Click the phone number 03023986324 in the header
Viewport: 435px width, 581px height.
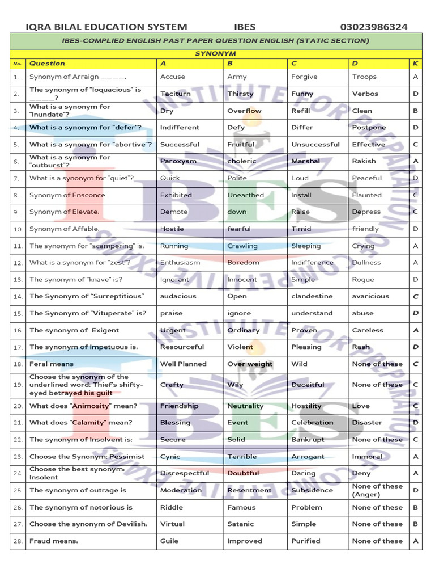tap(373, 27)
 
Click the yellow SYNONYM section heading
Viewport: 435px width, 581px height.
tap(216, 53)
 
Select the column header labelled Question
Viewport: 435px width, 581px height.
tap(48, 64)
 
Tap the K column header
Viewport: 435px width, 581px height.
tap(415, 64)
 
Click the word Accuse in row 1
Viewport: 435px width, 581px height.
tap(173, 77)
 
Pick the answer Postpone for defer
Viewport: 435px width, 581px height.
tap(369, 128)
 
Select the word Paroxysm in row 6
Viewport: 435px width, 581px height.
tap(178, 161)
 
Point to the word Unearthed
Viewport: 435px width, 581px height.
tap(245, 195)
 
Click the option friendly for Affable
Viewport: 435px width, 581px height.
tap(365, 229)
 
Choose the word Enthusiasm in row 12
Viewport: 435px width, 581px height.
tap(180, 263)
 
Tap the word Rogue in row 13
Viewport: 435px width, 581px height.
tap(363, 280)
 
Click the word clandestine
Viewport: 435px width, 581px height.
tap(312, 296)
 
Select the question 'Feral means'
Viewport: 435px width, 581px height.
tap(52, 364)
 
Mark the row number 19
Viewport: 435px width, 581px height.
tap(18, 385)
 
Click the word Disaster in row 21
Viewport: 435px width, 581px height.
tap(367, 423)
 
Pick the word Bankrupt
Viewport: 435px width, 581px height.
tap(308, 440)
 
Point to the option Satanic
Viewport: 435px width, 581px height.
tap(240, 524)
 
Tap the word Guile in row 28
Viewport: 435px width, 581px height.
tap(169, 541)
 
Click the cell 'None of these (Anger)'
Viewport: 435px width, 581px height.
tap(377, 490)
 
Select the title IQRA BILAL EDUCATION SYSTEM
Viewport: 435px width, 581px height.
tap(106, 27)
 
